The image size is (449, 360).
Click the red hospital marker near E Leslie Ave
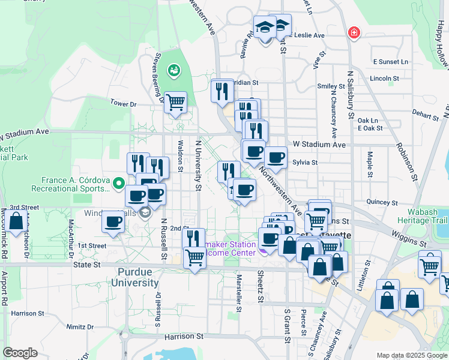point(354,32)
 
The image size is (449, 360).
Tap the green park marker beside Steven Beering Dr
point(175,71)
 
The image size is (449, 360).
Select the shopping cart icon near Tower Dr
point(175,102)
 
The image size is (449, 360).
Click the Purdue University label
point(134,277)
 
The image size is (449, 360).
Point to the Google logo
point(20,352)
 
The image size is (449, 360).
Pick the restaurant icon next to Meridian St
point(222,91)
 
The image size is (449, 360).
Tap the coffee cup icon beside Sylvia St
point(276,157)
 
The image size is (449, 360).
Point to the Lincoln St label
point(385,79)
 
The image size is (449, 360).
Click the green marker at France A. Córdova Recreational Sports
point(118,183)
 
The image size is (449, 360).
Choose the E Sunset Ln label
point(390,62)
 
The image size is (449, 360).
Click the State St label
point(88,264)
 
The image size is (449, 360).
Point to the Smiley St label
point(331,86)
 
